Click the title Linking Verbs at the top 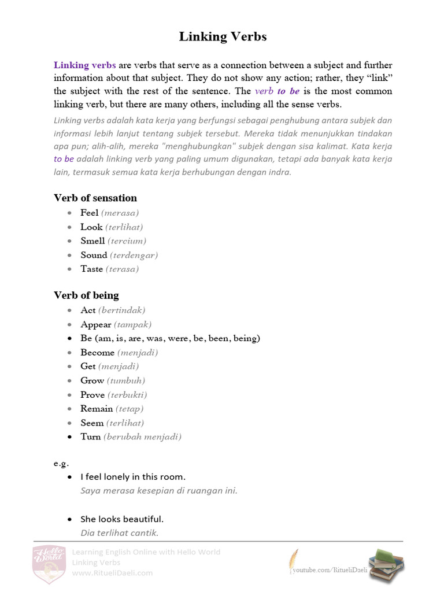coord(223,36)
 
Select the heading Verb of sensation coord(95,198)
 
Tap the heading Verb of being coord(86,295)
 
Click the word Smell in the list coord(92,241)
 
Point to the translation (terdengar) coord(134,255)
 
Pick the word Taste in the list coord(91,269)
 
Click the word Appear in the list coord(95,324)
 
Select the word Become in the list coord(97,353)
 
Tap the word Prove coord(92,395)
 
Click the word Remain coord(97,409)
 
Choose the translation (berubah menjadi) coord(142,437)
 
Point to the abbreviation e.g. coord(61,463)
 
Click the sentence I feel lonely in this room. coord(133,477)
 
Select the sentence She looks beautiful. coord(122,519)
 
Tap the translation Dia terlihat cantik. coord(120,533)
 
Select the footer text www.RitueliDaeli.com coord(112,573)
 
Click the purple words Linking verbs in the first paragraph coord(85,65)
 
